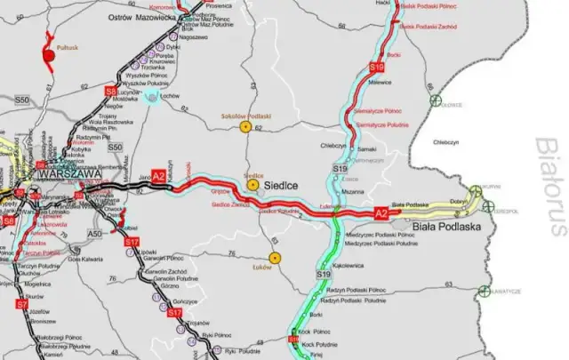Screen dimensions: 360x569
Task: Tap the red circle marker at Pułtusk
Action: pyautogui.click(x=49, y=55)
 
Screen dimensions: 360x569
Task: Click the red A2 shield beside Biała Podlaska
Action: pyautogui.click(x=381, y=213)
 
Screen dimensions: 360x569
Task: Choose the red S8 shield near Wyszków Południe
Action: pyautogui.click(x=111, y=91)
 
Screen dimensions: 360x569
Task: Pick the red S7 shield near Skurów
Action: pyautogui.click(x=22, y=304)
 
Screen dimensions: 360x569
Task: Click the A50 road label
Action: pyautogui.click(x=97, y=233)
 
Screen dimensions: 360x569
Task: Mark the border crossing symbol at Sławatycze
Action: pyautogui.click(x=483, y=291)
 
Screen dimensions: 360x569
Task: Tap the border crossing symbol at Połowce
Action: pyautogui.click(x=435, y=101)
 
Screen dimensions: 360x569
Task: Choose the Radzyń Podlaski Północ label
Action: pyautogui.click(x=356, y=290)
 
